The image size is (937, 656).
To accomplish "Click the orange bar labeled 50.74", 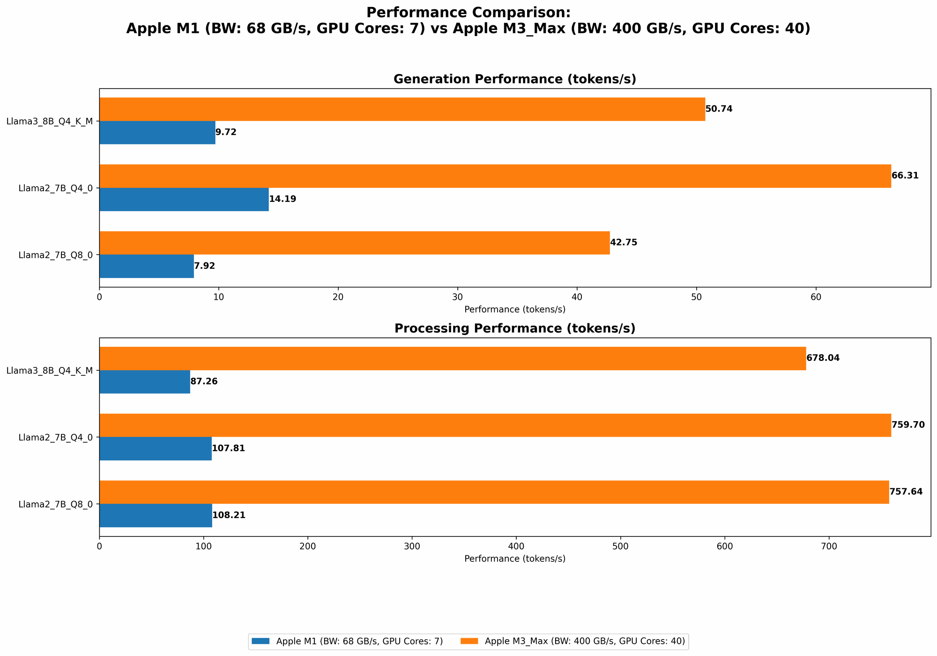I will (402, 109).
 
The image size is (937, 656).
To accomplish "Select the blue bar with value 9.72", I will (157, 133).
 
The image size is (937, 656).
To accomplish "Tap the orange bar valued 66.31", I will (495, 176).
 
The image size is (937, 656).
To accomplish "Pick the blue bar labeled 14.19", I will (184, 200).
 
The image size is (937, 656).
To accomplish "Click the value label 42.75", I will (624, 243).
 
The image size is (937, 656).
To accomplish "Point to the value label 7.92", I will (204, 266).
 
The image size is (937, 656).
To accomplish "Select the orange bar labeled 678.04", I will (453, 358).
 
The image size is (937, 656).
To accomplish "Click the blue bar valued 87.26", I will (145, 382).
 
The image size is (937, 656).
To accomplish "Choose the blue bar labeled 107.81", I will (156, 449).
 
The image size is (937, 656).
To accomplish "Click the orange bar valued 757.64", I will (494, 492).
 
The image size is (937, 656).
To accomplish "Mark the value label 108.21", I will (229, 515).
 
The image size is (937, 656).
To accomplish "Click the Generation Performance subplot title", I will (514, 79).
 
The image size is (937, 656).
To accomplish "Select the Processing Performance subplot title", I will (514, 328).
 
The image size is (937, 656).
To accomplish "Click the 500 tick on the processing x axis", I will (620, 546).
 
